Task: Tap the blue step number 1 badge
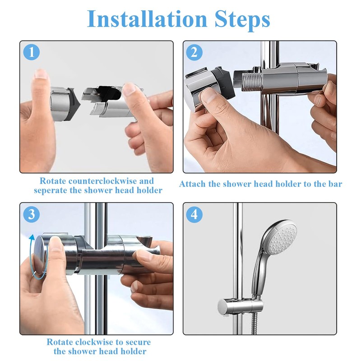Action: (31, 52)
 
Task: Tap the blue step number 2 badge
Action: (194, 52)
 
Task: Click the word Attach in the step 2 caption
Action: (193, 184)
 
